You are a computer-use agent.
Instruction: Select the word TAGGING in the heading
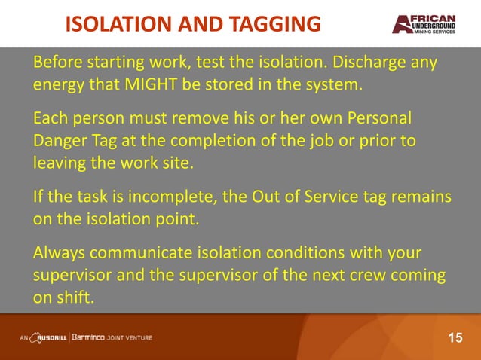(x=274, y=24)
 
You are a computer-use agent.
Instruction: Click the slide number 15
(x=455, y=337)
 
